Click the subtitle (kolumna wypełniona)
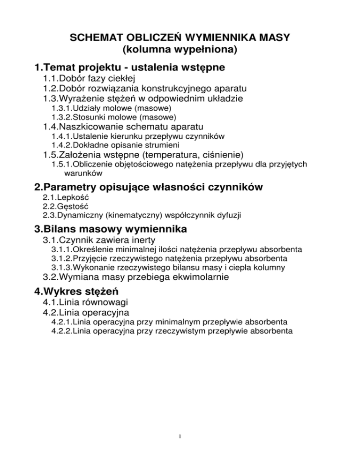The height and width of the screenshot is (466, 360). pos(180,48)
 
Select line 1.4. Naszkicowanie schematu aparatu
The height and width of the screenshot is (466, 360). pos(123,127)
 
